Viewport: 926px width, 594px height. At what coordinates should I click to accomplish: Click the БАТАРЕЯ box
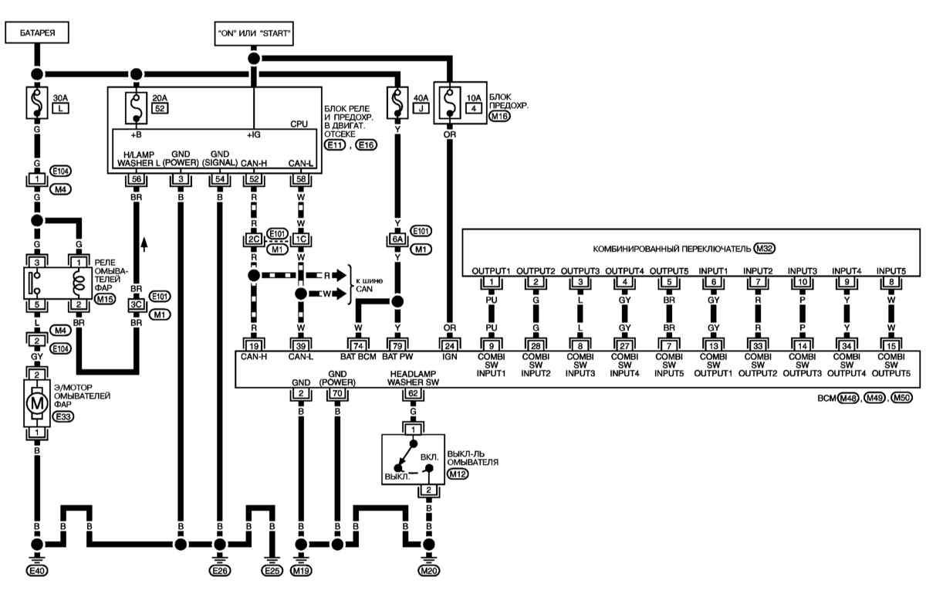pos(37,32)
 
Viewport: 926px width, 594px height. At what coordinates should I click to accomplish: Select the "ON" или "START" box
pos(254,33)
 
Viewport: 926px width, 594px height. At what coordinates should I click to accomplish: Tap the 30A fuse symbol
pos(37,103)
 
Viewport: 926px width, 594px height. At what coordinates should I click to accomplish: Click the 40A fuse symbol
pos(397,103)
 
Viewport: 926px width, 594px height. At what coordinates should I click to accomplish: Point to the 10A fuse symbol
pos(450,103)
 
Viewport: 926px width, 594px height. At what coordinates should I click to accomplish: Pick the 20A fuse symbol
pos(136,108)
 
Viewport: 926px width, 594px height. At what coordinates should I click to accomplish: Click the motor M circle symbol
pos(37,402)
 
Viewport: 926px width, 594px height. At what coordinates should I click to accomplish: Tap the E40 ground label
pos(37,571)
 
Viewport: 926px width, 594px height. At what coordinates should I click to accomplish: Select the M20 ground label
pos(429,571)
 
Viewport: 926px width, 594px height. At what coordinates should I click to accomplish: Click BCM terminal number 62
pos(413,393)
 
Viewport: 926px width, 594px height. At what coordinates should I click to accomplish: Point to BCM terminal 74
pos(358,345)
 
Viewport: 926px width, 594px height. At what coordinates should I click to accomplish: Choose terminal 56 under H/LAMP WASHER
pos(136,179)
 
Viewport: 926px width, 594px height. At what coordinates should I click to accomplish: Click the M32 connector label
pos(765,249)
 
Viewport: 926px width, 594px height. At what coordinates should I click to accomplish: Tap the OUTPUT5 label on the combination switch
pos(669,271)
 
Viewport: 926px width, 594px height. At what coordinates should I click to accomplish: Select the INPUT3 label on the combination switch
pos(803,271)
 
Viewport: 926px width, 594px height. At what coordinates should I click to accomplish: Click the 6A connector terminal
pos(397,239)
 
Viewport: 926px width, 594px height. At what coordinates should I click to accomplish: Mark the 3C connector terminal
pos(136,304)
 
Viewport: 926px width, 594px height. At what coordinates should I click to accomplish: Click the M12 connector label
pos(457,474)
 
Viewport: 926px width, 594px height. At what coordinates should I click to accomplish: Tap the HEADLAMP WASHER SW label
pos(413,378)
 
